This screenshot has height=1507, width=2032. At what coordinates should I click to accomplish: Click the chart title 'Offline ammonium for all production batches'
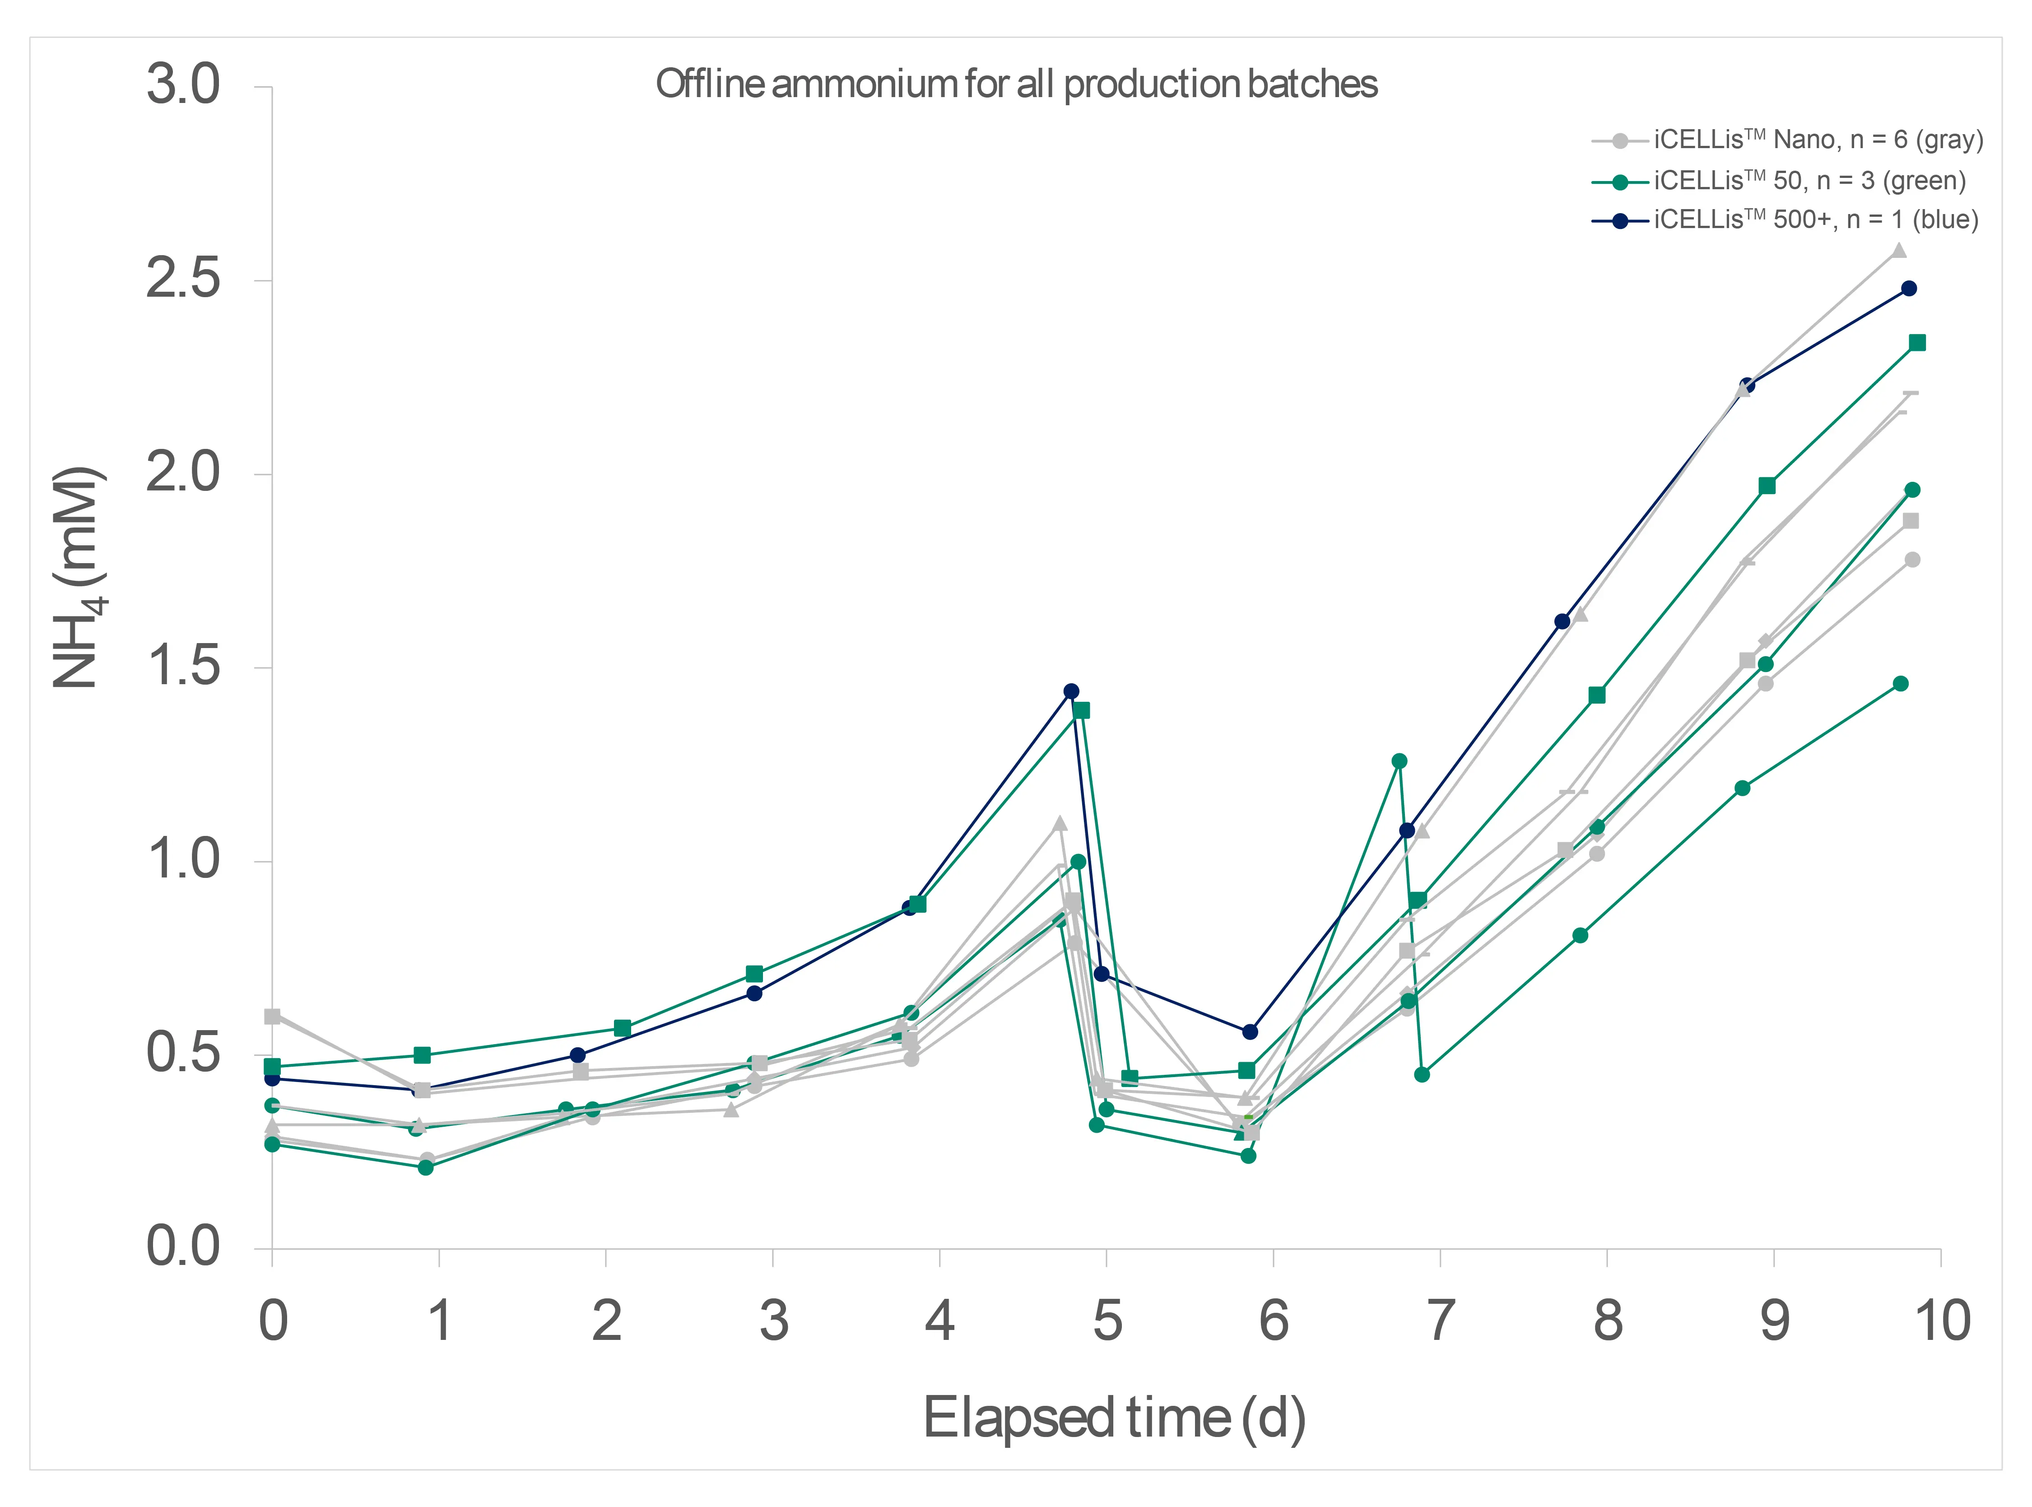pos(1016,84)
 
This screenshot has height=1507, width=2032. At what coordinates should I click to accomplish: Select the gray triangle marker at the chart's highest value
pos(1899,251)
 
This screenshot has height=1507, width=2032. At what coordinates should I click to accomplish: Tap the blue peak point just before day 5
pos(1072,691)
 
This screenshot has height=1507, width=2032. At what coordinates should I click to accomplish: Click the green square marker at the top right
pos(1917,343)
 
